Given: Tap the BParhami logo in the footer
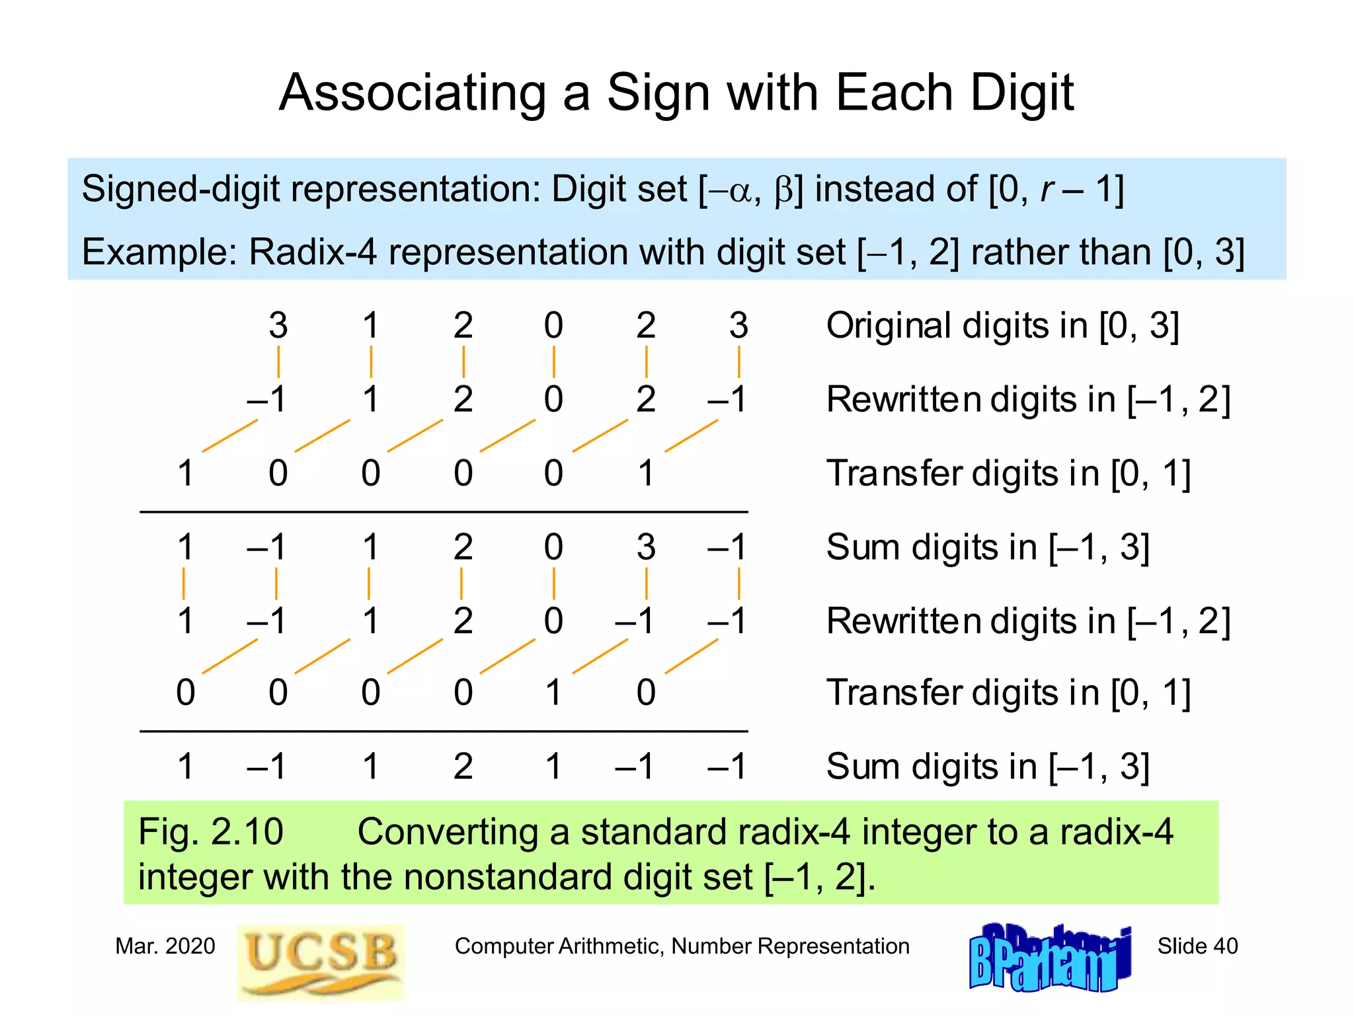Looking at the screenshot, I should click(1049, 959).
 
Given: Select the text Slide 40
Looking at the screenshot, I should click(1197, 946).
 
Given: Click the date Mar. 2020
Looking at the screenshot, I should click(165, 946).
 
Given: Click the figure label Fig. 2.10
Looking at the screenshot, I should click(210, 831).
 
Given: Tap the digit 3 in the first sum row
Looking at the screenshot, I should click(646, 547).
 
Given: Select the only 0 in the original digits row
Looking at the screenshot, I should click(553, 325).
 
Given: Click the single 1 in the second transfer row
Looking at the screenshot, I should click(553, 693).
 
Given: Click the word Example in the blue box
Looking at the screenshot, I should click(159, 252).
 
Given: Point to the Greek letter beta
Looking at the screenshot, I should click(784, 190).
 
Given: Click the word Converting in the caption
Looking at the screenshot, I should click(448, 831).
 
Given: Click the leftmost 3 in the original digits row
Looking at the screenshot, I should click(278, 325).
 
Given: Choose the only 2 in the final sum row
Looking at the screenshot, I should click(463, 767).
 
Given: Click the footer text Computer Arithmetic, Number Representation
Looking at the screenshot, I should click(682, 946).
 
